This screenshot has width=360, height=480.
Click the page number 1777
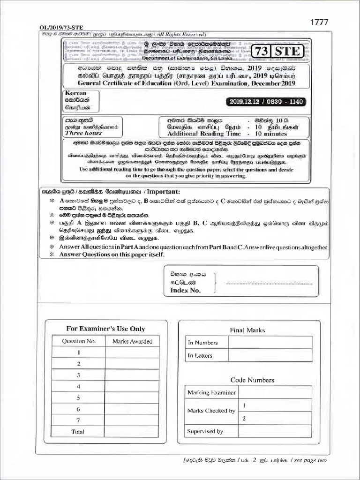click(319, 22)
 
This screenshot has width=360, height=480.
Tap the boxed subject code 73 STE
click(278, 52)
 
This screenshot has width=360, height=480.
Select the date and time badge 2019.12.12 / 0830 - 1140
click(265, 102)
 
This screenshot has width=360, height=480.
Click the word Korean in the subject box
click(76, 93)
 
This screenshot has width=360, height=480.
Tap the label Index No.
click(185, 290)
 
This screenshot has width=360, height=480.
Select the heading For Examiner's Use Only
click(105, 329)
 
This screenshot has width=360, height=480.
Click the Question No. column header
click(79, 341)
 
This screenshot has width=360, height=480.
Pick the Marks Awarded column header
click(132, 341)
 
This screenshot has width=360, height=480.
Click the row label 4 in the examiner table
click(79, 386)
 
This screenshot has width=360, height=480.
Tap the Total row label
click(78, 432)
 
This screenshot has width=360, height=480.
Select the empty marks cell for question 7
click(132, 420)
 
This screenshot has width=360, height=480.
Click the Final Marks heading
click(247, 330)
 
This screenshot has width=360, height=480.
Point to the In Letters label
click(200, 355)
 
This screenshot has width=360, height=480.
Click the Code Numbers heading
click(252, 380)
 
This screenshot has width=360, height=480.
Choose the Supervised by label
click(205, 431)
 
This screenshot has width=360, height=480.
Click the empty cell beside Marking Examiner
click(275, 392)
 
